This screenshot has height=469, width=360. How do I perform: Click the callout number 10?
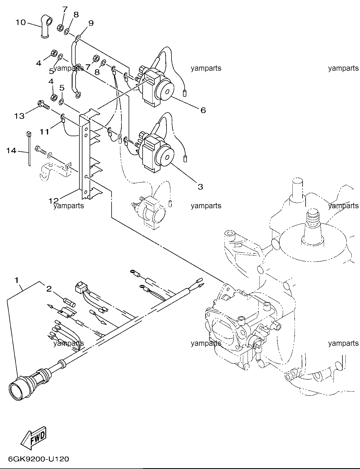pos(20,22)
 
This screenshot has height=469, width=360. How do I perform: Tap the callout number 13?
pos(20,116)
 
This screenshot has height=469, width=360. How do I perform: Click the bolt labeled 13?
pos(43,105)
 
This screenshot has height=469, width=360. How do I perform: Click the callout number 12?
pos(54,201)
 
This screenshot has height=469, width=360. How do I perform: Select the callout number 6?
pos(203,110)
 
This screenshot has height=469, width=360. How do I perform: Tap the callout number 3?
pos(200,186)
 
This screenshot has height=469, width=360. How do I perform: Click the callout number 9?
pos(91,23)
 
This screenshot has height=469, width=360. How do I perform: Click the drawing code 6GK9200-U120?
pos(38,459)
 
